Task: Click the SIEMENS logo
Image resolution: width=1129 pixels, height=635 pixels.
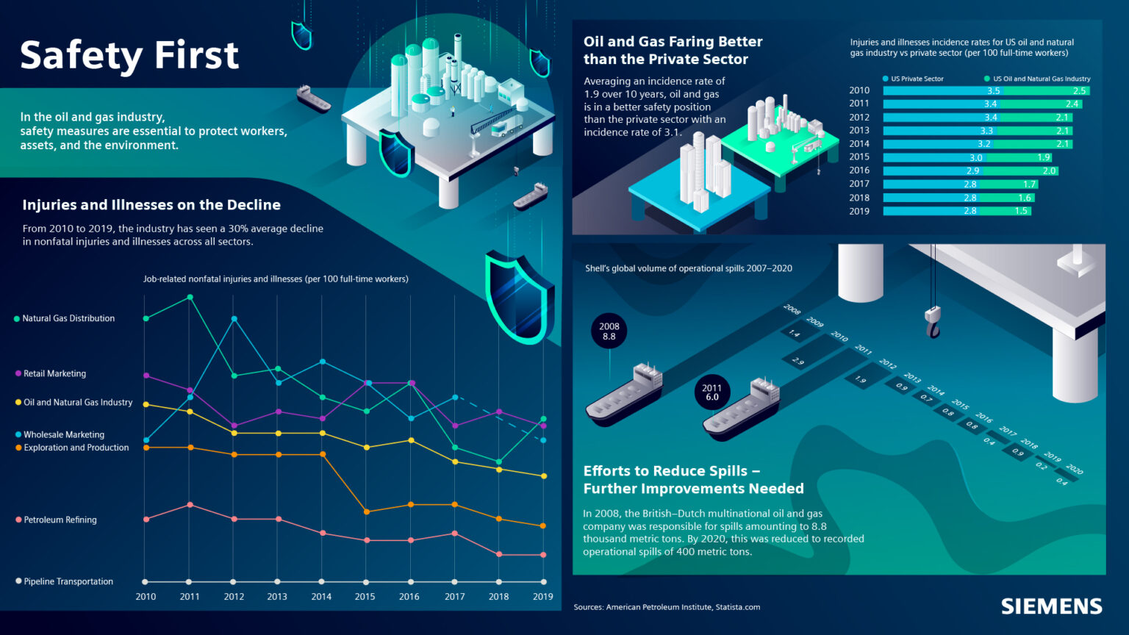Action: point(1051,606)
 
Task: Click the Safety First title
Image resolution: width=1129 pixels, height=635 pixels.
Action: point(129,56)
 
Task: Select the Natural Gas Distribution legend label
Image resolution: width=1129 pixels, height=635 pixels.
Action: point(68,318)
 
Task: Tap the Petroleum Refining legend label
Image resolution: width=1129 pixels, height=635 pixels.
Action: point(60,520)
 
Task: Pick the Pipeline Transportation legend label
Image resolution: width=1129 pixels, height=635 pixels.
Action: point(68,581)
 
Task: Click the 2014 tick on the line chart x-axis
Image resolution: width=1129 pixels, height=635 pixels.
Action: point(321,597)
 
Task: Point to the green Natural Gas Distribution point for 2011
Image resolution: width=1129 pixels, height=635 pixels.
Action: point(190,297)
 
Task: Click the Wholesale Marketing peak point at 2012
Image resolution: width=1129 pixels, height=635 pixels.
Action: point(234,319)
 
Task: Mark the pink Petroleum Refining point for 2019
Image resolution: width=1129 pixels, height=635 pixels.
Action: point(544,555)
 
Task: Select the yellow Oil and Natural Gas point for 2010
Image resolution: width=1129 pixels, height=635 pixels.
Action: point(146,404)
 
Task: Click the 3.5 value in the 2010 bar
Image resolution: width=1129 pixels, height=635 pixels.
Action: point(993,91)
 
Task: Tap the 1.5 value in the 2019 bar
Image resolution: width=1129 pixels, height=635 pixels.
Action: point(1021,211)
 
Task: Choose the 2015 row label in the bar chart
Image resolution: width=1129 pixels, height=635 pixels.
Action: point(859,157)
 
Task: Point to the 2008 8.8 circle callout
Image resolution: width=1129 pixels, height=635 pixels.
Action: point(609,331)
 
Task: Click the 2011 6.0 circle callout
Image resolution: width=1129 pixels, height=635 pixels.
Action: point(712,392)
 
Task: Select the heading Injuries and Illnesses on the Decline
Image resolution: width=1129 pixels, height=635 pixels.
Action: point(151,205)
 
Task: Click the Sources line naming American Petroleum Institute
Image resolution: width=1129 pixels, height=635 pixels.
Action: point(667,607)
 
